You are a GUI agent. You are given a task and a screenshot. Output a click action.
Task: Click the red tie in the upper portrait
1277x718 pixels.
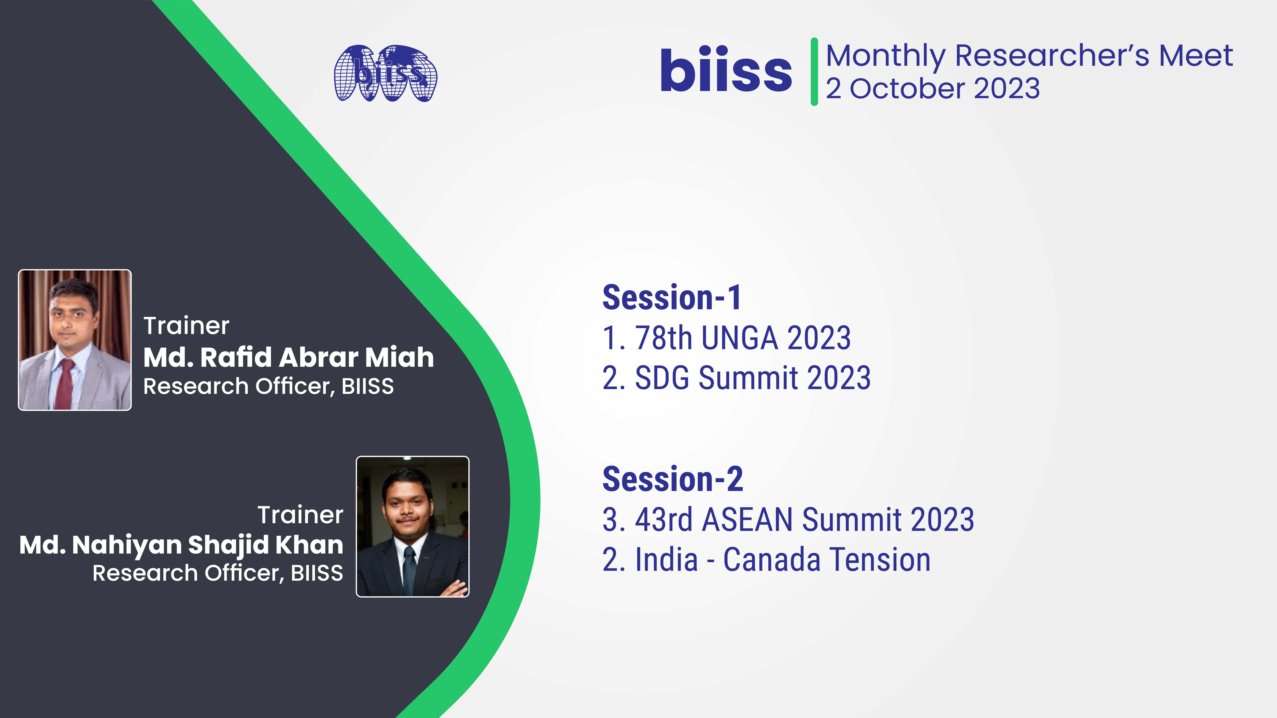(x=64, y=384)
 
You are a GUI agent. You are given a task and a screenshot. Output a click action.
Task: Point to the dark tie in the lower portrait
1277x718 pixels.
(x=409, y=570)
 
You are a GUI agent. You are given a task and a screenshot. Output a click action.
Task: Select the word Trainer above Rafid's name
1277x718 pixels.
(x=186, y=326)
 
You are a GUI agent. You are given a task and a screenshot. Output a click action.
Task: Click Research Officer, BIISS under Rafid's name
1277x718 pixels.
(x=268, y=386)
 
